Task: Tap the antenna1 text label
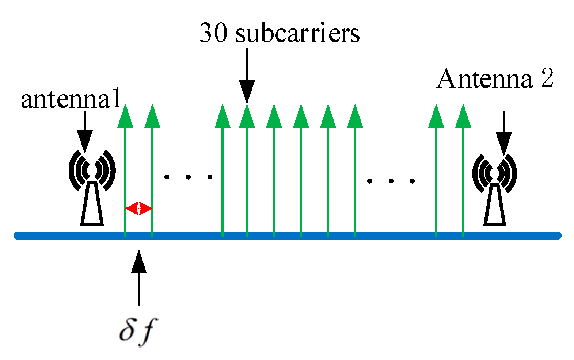tap(71, 99)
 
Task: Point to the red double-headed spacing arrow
tap(138, 208)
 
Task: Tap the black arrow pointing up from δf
tap(138, 277)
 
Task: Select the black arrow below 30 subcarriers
tap(247, 77)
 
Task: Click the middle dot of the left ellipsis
tap(188, 177)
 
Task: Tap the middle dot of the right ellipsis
tap(391, 181)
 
